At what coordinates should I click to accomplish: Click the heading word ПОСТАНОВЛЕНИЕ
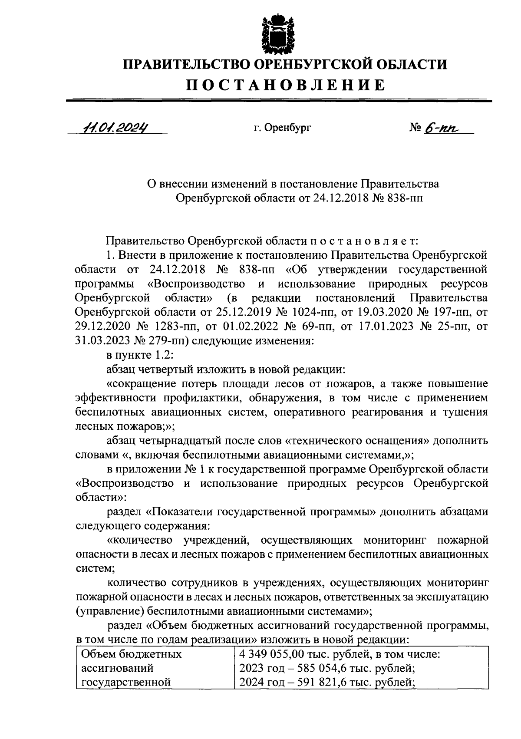285,85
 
